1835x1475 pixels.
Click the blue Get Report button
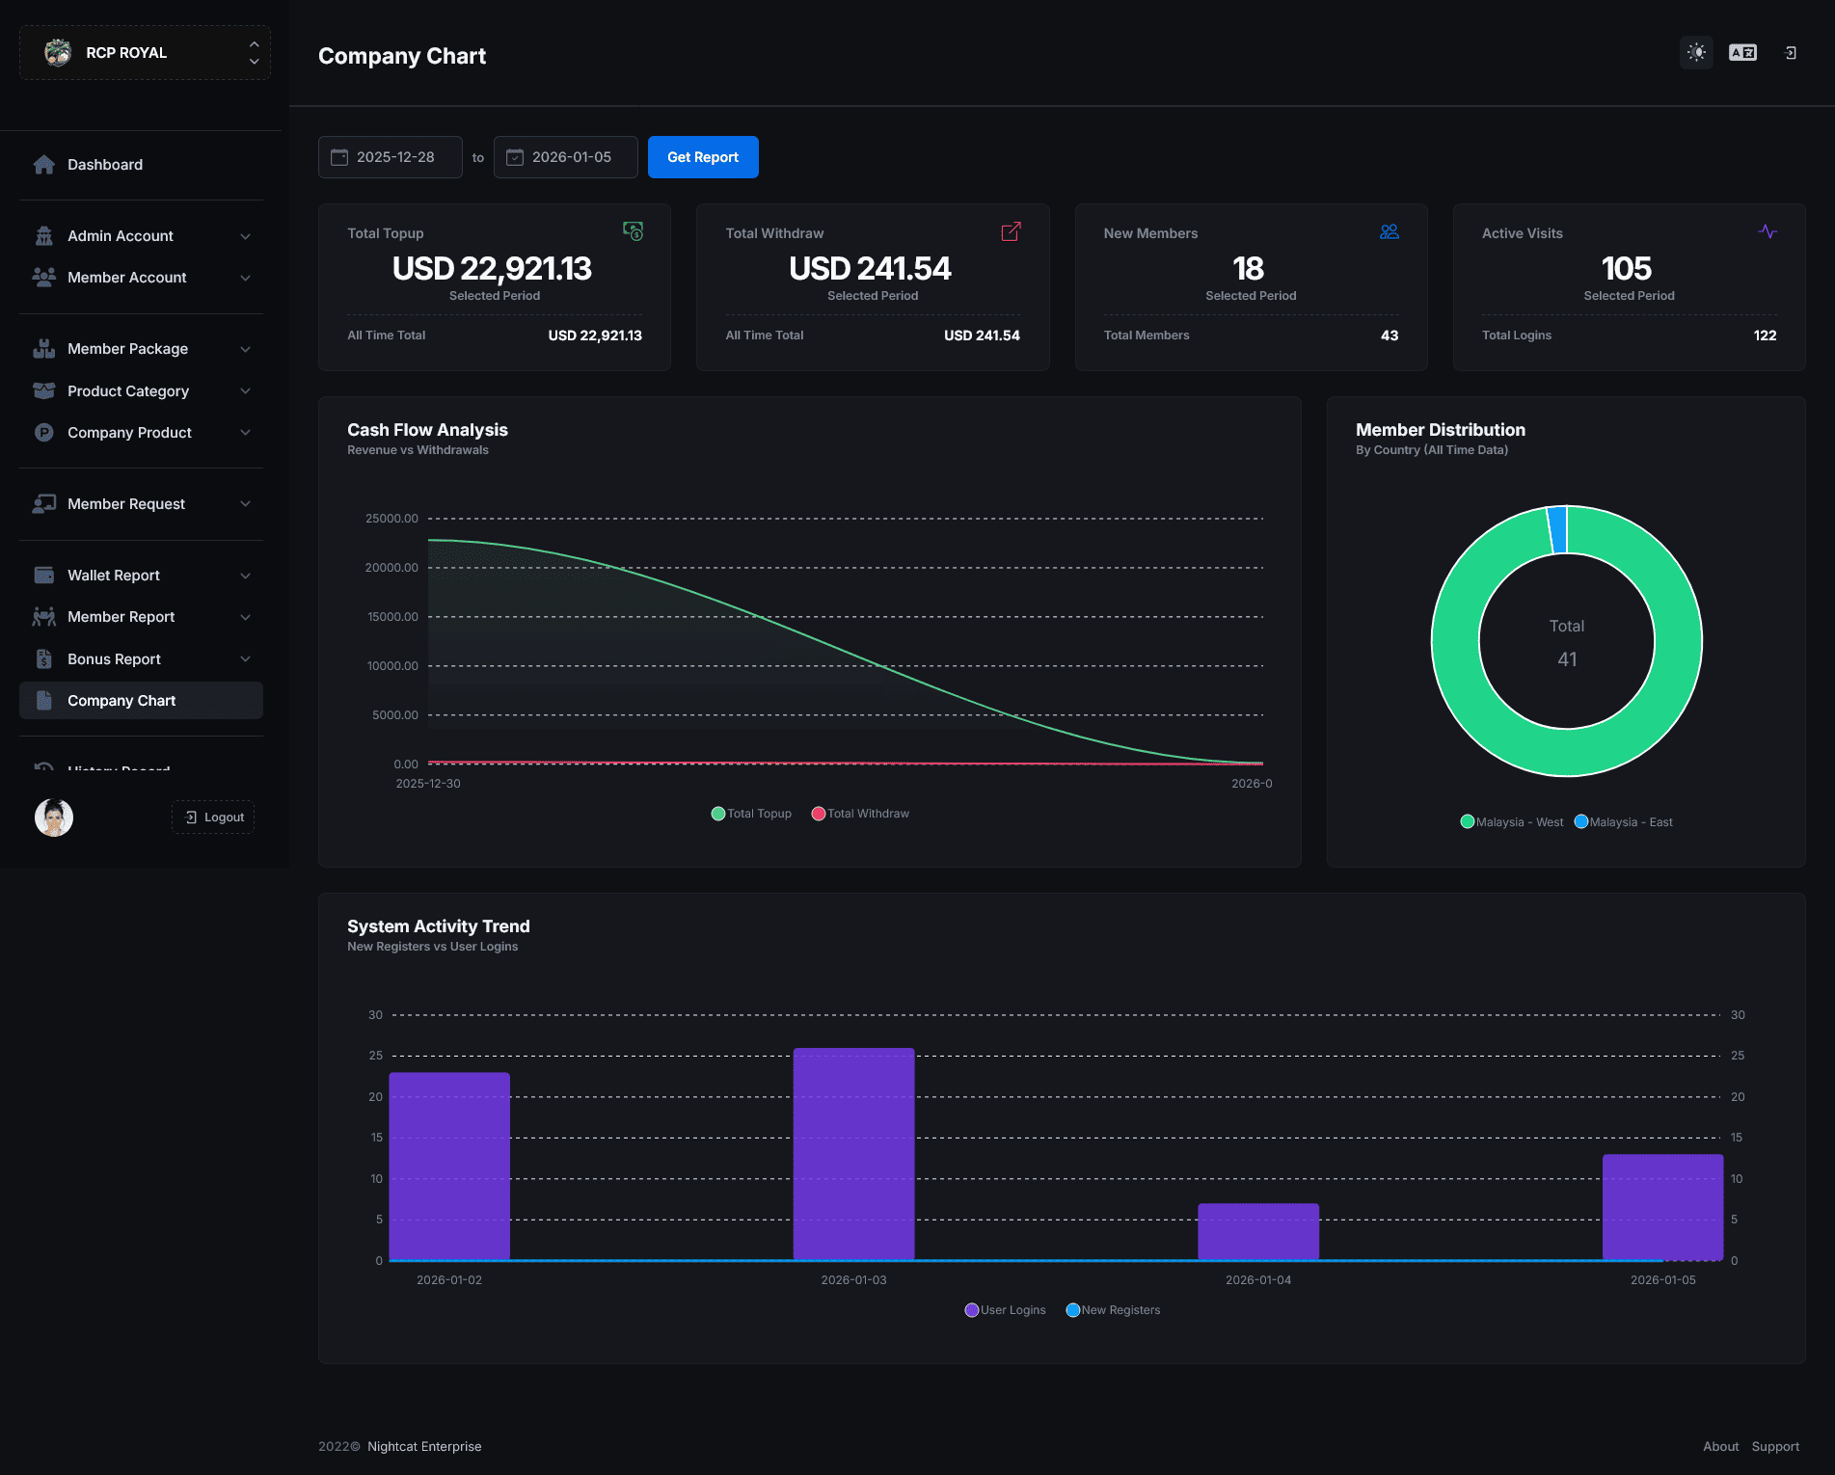coord(703,157)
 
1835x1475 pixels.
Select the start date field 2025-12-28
coord(391,157)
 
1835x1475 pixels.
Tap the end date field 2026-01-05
coord(566,157)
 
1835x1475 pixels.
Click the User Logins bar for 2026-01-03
coord(853,1154)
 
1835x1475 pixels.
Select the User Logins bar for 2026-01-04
coord(1258,1232)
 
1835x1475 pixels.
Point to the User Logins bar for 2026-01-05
coord(1662,1207)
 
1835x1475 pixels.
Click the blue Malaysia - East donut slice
coord(1557,529)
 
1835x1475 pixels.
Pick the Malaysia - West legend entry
coord(1512,822)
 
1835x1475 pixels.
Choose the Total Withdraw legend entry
coord(860,814)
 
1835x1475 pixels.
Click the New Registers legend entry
coord(1113,1310)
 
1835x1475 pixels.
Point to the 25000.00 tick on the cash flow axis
coord(391,519)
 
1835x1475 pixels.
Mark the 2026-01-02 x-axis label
coord(449,1280)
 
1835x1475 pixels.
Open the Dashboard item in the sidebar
coord(105,165)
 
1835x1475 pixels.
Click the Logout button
coord(213,818)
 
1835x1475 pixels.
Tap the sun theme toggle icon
coord(1697,53)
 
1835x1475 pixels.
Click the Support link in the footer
coord(1775,1447)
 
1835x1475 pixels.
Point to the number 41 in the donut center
coord(1567,659)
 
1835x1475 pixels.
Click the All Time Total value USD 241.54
coord(982,335)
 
